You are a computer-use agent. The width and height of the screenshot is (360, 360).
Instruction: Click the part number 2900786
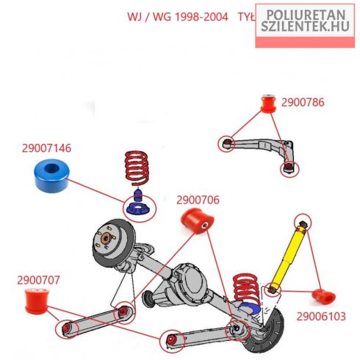[303, 102]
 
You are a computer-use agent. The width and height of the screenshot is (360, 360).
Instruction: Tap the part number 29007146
[46, 148]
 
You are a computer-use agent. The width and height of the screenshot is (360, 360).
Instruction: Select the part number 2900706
[198, 200]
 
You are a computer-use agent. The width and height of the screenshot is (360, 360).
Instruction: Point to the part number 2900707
[38, 280]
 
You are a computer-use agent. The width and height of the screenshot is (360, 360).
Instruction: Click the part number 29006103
[321, 317]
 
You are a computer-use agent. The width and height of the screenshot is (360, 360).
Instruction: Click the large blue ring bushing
[51, 176]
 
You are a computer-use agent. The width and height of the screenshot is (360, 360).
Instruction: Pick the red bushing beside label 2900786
[268, 104]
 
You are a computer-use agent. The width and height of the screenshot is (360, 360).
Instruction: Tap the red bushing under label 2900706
[197, 220]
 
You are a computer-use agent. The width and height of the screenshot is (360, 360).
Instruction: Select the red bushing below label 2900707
[37, 301]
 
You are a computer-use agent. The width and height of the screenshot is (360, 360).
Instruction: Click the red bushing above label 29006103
[324, 296]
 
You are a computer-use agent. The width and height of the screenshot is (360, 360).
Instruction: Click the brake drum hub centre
[107, 237]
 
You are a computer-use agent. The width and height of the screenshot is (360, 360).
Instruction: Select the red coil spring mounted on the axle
[246, 289]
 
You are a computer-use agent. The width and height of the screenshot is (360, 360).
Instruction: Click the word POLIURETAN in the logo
[306, 15]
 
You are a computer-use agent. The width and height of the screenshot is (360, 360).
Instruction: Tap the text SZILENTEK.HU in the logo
[305, 26]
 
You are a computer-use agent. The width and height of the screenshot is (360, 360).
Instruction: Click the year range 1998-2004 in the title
[202, 17]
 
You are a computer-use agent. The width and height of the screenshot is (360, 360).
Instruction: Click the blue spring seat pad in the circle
[137, 209]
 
